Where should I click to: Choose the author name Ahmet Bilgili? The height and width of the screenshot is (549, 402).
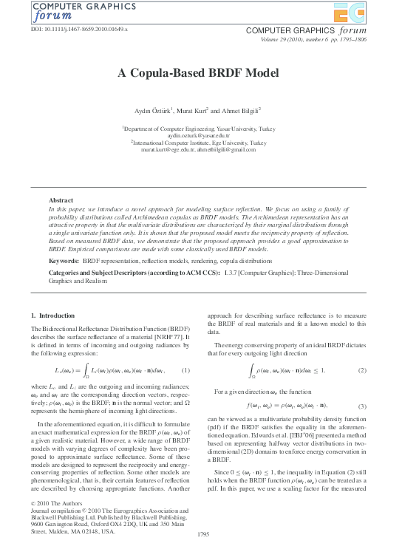tap(240, 111)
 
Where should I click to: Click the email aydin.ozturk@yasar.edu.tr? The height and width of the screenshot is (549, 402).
tap(200, 136)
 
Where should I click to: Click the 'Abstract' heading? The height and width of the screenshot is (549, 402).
tap(61, 200)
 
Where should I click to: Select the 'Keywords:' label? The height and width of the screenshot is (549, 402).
tap(64, 261)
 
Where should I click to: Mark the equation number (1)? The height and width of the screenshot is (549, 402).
tap(185, 370)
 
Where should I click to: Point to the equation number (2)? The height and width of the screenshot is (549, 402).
tap(362, 369)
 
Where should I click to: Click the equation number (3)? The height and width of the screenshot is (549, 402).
tap(362, 406)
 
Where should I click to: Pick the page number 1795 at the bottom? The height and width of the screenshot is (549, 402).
tap(201, 533)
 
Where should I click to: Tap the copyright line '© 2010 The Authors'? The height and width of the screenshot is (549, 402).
tap(57, 504)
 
